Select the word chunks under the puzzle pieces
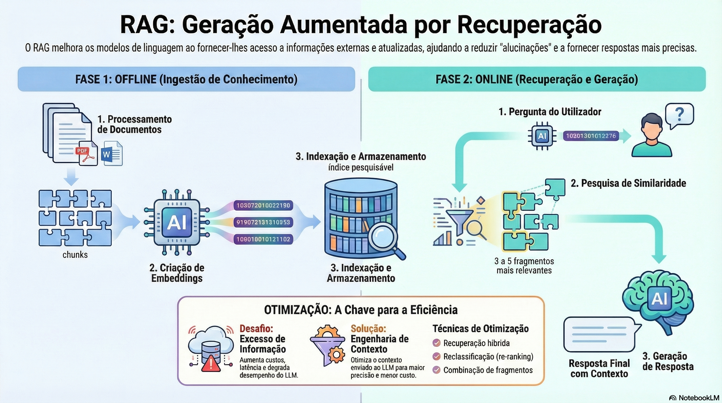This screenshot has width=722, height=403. coord(75,255)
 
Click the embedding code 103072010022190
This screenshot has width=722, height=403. coord(263,205)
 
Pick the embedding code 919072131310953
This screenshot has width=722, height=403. coord(263,222)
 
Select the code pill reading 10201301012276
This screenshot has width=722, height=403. coord(591,136)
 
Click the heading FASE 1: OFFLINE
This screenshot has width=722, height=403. coord(115,79)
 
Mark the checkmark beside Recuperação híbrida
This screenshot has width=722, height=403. coord(436,343)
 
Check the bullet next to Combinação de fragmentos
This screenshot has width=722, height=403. coord(436,370)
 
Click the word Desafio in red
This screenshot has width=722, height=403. coord(256,328)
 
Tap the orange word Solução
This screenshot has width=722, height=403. coord(368,328)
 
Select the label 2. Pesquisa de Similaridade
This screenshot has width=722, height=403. coord(628,183)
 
